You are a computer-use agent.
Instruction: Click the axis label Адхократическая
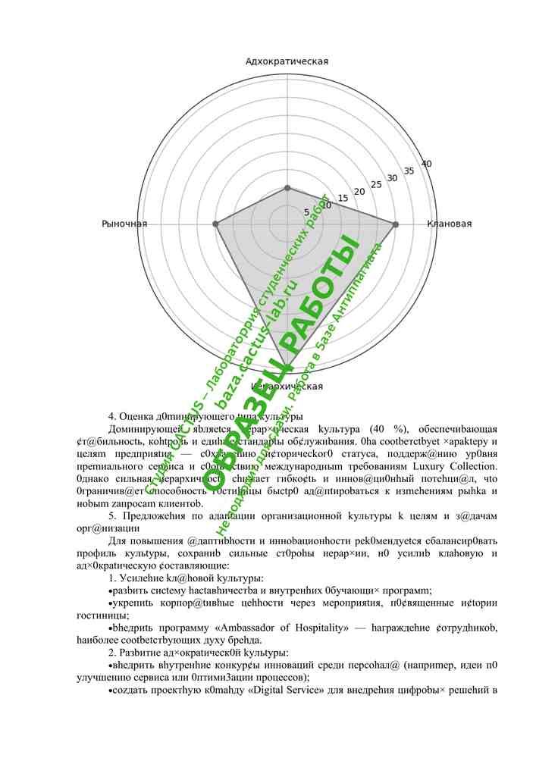(287, 61)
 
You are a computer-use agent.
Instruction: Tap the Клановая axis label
(449, 224)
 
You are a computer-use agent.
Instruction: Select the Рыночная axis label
(124, 224)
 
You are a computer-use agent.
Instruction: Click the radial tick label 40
(427, 164)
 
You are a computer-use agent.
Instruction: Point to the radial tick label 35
(409, 171)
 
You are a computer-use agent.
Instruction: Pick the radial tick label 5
(306, 212)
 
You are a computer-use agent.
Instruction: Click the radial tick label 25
(375, 184)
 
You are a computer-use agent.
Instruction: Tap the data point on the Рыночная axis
(215, 224)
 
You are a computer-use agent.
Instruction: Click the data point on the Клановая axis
(395, 224)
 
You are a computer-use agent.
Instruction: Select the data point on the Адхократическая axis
(287, 187)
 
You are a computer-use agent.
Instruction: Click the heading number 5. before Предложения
(113, 515)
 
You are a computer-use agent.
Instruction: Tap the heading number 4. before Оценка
(113, 415)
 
